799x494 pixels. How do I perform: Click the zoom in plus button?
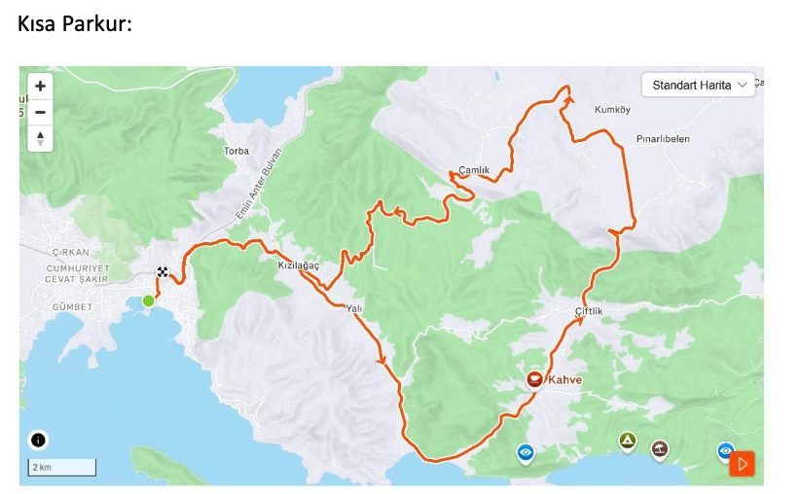point(40,87)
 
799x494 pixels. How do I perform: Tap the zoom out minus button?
point(40,111)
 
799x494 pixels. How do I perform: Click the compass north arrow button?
point(40,138)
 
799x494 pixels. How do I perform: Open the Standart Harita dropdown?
point(698,85)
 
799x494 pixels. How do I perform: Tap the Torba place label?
point(236,151)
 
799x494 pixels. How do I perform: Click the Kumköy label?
point(612,110)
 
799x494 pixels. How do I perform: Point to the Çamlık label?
point(474,170)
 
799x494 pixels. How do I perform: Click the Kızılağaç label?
point(299,265)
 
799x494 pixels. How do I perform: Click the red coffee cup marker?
point(534,379)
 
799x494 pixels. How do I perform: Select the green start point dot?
point(148,301)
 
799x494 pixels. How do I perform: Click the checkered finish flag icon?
point(163,273)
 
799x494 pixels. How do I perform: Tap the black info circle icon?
point(38,440)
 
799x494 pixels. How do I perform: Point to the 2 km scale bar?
point(61,468)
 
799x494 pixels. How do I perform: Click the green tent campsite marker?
point(628,441)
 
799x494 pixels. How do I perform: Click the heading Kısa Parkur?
point(74,23)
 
